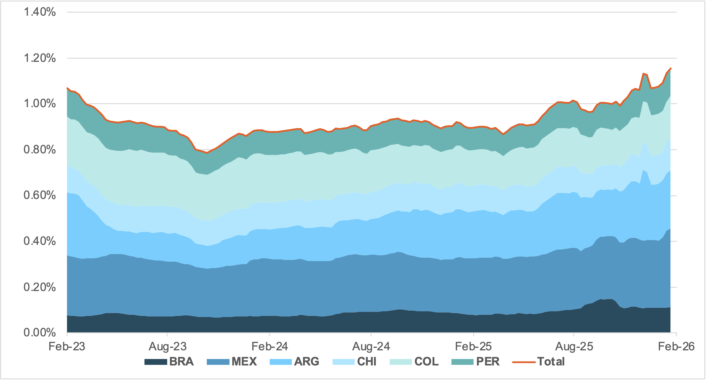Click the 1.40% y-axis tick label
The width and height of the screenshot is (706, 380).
click(40, 12)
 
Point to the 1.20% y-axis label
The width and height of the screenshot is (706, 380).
click(40, 58)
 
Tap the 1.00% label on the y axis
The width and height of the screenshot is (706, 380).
click(40, 104)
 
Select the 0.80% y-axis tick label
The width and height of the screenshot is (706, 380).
click(40, 150)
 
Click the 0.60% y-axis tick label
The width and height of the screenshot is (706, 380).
click(40, 195)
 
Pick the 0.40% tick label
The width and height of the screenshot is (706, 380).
click(40, 241)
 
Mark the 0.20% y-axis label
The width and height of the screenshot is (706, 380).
click(40, 287)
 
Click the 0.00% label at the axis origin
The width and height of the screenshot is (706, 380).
click(40, 332)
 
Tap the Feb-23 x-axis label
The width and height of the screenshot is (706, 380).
click(67, 347)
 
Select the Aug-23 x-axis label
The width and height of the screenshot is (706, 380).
click(167, 347)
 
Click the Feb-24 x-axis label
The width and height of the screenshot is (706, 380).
click(270, 347)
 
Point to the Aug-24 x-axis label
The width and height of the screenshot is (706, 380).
click(371, 347)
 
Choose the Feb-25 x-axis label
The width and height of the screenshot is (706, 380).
click(473, 347)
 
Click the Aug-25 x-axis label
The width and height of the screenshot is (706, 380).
click(574, 347)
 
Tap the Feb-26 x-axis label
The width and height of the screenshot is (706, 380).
click(676, 347)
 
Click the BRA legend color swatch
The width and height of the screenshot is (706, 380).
click(155, 362)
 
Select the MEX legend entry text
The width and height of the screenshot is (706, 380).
click(244, 362)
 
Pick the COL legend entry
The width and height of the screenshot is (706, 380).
click(426, 362)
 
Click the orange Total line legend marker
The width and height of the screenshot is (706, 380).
click(524, 362)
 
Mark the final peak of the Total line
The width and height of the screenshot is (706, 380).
click(670, 68)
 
